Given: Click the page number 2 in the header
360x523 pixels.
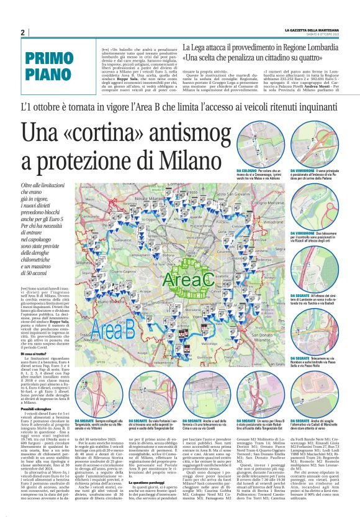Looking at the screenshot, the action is coord(22,32).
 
